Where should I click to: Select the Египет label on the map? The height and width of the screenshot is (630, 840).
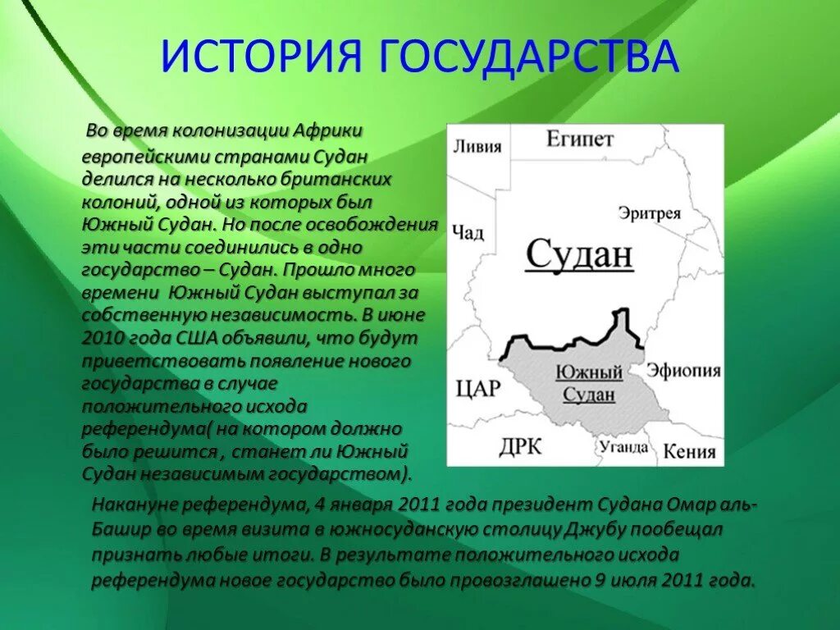pos(579,139)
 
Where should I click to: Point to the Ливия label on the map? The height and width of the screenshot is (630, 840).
pos(477,148)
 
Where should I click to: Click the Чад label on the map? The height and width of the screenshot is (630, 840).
pos(468,233)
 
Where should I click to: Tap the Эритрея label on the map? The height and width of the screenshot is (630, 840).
pos(650,213)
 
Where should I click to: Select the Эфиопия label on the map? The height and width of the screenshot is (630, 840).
pos(683,371)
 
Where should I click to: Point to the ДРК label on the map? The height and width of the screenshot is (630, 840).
pos(520,447)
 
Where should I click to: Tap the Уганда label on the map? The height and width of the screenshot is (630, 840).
pos(623,447)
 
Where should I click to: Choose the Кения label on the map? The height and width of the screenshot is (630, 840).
pos(689,451)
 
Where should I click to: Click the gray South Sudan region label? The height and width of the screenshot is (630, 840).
pos(588,382)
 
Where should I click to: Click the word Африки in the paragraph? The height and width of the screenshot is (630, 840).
pos(328,131)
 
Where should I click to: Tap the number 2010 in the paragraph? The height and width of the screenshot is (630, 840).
pos(103,337)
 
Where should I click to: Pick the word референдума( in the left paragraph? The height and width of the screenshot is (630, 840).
pos(146,429)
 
